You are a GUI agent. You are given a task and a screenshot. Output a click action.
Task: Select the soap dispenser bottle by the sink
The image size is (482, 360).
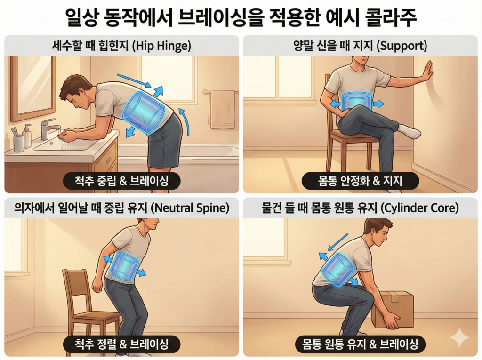[x=27, y=136]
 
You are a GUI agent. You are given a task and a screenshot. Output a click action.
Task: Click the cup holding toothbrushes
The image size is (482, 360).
[x=18, y=141]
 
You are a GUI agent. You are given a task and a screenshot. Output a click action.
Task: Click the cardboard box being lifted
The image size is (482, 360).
[x=394, y=308]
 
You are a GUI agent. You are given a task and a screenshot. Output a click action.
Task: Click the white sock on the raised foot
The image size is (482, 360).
[x=409, y=131]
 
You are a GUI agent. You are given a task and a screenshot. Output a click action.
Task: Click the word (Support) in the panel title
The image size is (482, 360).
[x=402, y=46]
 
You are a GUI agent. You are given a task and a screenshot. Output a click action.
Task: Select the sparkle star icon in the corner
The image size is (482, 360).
[x=459, y=338]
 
